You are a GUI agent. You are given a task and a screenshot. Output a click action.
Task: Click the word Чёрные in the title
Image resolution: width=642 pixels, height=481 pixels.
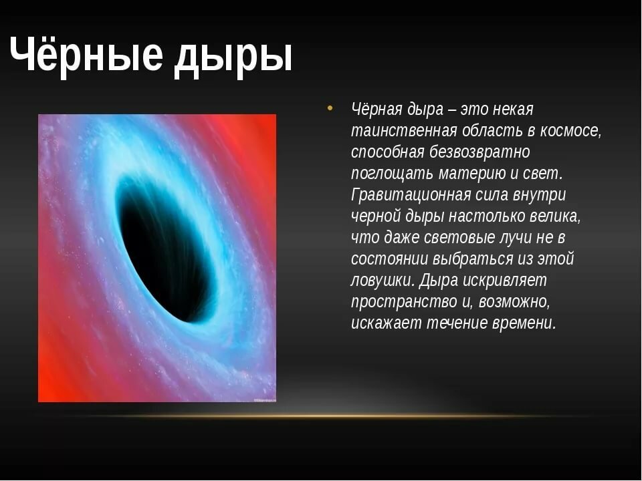pos(86,54)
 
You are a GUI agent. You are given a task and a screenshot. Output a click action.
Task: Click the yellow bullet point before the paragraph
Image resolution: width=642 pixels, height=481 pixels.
pos(330,108)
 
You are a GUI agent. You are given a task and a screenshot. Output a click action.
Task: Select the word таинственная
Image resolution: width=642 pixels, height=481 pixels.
pos(404,131)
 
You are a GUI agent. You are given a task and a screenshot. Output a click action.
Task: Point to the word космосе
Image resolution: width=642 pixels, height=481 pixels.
pos(571,131)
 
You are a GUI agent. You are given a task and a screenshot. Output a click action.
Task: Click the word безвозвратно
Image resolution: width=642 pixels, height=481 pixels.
pos(479,152)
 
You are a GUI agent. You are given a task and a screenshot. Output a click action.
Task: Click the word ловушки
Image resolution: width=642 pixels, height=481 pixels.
pos(383,281)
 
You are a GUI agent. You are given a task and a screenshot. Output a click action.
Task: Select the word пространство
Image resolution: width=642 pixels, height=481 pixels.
pos(403,302)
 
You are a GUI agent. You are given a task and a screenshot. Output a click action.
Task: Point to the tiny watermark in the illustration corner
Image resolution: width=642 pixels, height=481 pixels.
pos(265,399)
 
